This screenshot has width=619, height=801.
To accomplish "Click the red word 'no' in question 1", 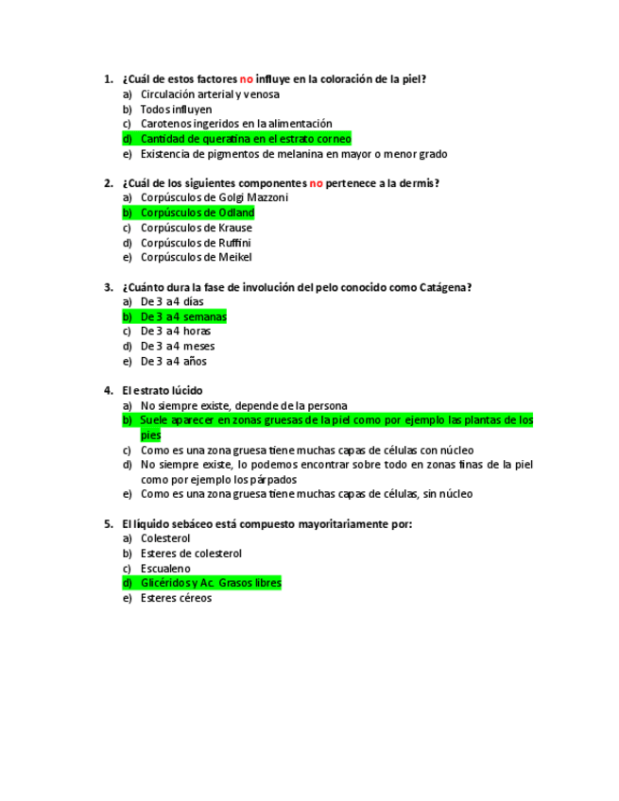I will tap(246, 79).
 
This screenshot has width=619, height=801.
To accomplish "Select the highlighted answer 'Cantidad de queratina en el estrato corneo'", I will tap(245, 139).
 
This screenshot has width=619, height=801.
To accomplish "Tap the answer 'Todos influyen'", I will tap(176, 110).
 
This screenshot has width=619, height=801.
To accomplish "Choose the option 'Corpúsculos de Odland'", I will tap(197, 213).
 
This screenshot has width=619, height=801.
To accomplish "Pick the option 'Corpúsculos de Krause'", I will tap(196, 228).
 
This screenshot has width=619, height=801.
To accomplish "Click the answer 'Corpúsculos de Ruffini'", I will tap(195, 243).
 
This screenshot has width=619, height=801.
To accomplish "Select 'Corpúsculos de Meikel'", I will tap(196, 257).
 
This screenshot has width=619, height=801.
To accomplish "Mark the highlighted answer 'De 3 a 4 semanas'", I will tap(183, 316).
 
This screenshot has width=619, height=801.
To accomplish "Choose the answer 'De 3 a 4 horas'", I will tap(175, 332).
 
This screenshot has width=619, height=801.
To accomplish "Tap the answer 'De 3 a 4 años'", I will tap(173, 361).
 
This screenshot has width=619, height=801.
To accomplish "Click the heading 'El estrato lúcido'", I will tap(162, 391).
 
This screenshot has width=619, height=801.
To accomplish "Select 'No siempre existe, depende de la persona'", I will tap(243, 406).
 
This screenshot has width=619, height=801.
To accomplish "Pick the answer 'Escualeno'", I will tap(165, 569).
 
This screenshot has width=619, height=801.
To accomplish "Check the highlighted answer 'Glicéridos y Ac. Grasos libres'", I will tap(210, 583).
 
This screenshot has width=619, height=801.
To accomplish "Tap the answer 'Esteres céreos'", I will tap(176, 598).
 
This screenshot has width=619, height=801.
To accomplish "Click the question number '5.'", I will tap(109, 523).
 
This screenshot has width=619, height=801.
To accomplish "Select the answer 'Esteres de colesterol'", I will tap(191, 554).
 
